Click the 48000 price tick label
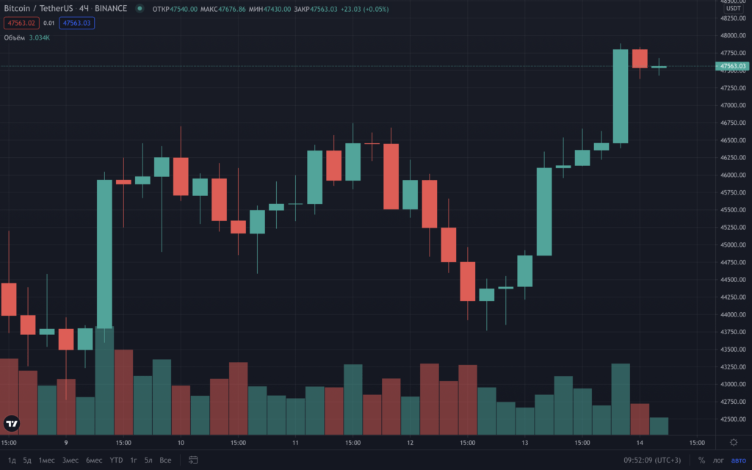pyautogui.click(x=732, y=35)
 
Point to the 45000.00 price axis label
pyautogui.click(x=732, y=245)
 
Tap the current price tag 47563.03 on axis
pyautogui.click(x=732, y=66)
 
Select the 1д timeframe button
pyautogui.click(x=12, y=460)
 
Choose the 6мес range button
pyautogui.click(x=94, y=460)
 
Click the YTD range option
pyautogui.click(x=116, y=460)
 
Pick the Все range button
pyautogui.click(x=165, y=460)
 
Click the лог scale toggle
pyautogui.click(x=718, y=460)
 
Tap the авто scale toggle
pyautogui.click(x=737, y=460)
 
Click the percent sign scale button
pyautogui.click(x=701, y=460)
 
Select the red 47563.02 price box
pyautogui.click(x=21, y=23)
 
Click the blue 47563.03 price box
pyautogui.click(x=77, y=23)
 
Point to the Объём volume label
pyautogui.click(x=15, y=37)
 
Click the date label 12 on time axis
pyautogui.click(x=410, y=443)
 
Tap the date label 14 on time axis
pyautogui.click(x=640, y=443)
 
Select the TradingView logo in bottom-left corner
pyautogui.click(x=12, y=424)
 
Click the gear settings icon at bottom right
pyautogui.click(x=734, y=442)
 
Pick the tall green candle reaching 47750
pyautogui.click(x=621, y=95)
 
